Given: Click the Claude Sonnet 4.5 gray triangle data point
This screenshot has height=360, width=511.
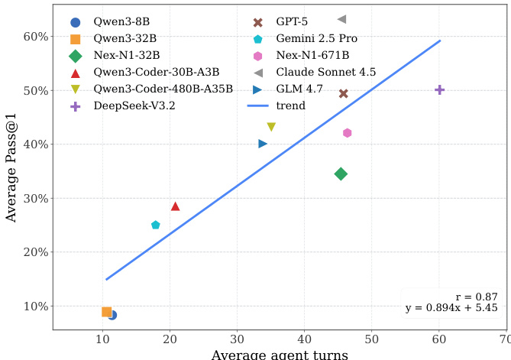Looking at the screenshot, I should pos(342,19).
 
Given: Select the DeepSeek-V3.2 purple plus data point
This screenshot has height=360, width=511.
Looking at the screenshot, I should pos(439,89).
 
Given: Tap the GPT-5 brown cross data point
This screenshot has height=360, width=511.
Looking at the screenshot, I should pos(344,93).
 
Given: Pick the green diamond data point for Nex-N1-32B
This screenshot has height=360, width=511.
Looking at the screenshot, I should pos(341,174).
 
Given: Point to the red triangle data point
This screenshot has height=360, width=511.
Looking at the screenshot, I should pos(175,206).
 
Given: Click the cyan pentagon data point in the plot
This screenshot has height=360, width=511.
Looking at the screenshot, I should pos(156,225).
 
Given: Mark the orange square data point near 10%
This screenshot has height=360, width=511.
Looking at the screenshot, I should pos(106,312).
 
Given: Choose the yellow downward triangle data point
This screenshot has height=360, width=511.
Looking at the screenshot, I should pos(271,127).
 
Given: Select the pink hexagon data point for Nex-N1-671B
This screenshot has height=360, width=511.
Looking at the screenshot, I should pos(347,133).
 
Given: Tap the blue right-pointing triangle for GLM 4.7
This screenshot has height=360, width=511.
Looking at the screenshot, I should pos(263,144).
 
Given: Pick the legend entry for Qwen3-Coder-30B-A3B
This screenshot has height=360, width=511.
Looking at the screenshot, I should pos(144,73).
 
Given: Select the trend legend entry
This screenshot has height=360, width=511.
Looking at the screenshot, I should pos(291,106).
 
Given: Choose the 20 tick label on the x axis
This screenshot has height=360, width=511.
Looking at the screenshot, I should pos(170,339).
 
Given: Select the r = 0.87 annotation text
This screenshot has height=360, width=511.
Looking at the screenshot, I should pos(480,297).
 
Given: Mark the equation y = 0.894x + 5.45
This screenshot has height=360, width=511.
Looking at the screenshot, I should pos(451,308).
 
